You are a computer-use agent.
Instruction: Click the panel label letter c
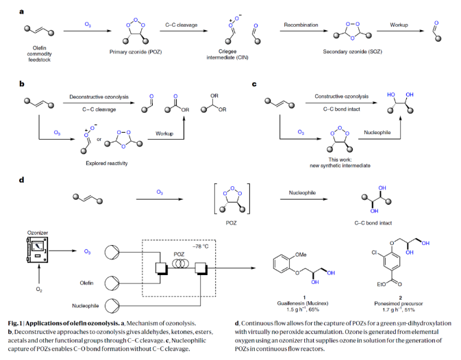255,84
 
